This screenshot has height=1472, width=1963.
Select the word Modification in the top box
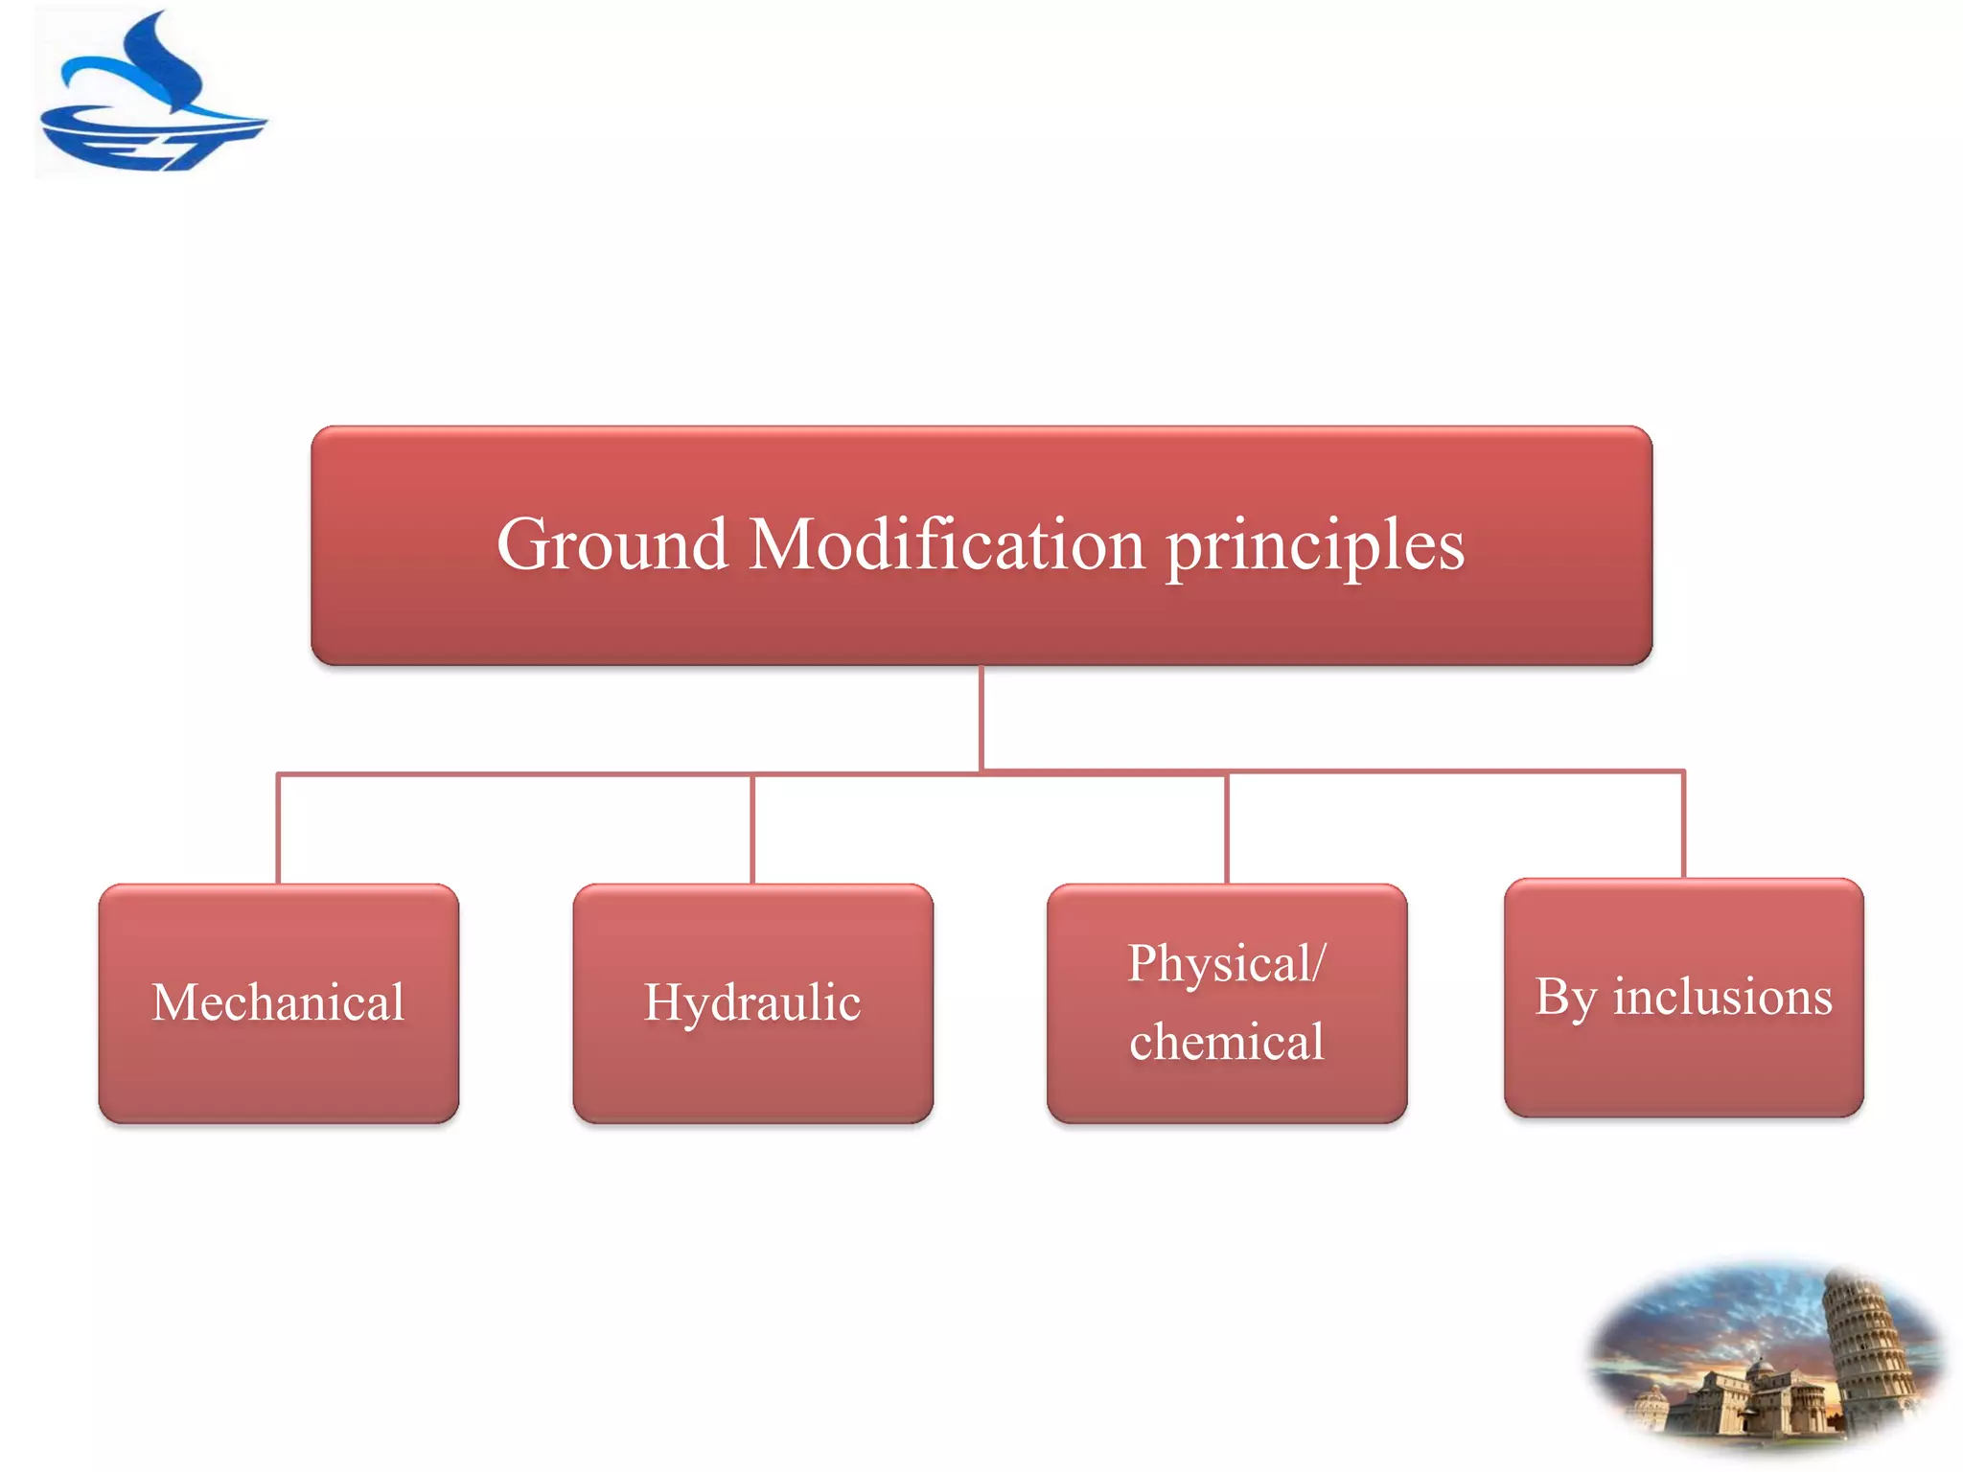pyautogui.click(x=946, y=545)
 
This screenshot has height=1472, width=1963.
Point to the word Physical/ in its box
pyautogui.click(x=1226, y=964)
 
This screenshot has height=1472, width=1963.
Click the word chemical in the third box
pyautogui.click(x=1226, y=1043)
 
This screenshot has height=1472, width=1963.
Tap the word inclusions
pyautogui.click(x=1721, y=997)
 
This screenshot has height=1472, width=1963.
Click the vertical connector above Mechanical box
pyautogui.click(x=278, y=829)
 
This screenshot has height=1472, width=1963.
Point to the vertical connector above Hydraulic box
pyautogui.click(x=752, y=829)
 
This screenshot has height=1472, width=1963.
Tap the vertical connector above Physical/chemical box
pyautogui.click(x=1227, y=829)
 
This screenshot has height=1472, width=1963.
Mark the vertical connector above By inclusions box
pyautogui.click(x=1683, y=824)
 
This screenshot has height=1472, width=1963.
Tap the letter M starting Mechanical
pyautogui.click(x=174, y=1003)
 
